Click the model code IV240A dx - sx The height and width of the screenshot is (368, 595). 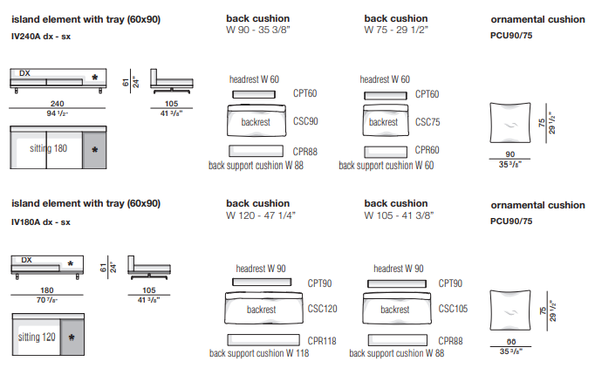pos(41,37)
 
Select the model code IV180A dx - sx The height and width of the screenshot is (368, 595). pos(41,222)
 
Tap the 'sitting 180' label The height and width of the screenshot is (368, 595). pos(49,148)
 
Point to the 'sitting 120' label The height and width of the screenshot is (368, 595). pos(36,336)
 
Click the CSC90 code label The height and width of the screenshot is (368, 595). pos(305,122)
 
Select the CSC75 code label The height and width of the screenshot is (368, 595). pos(427,122)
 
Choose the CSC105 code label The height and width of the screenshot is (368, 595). pos(453,309)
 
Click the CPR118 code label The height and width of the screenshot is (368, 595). pos(321,341)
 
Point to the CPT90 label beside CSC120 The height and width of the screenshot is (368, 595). pos(319,283)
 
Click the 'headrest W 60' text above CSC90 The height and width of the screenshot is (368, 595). pos(254,79)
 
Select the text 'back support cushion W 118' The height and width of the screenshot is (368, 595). pos(259,353)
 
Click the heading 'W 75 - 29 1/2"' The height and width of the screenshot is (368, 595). pos(396,29)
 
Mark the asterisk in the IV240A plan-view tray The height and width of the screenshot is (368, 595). pos(95,150)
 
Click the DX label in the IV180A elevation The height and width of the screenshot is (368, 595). pos(26,260)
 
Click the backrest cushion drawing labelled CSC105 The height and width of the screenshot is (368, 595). pos(398,310)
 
